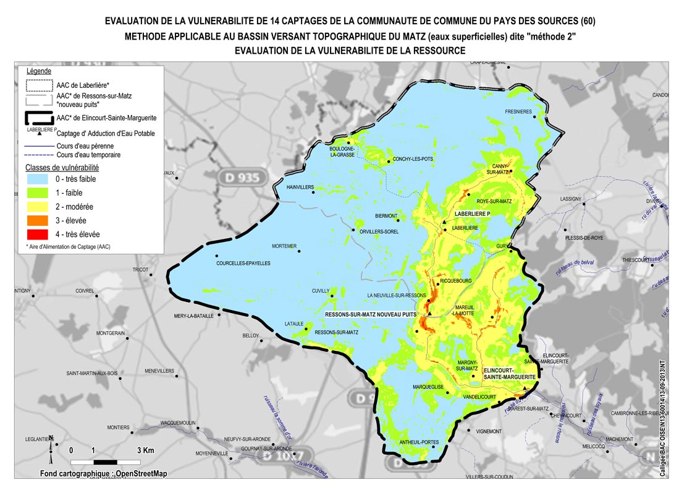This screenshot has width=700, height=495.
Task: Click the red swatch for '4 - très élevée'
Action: (x=37, y=234)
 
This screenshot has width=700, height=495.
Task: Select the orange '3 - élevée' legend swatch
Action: (x=37, y=220)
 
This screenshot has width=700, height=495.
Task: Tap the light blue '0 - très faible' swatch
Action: (x=37, y=179)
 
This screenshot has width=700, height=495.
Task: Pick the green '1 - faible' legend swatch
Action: (x=37, y=193)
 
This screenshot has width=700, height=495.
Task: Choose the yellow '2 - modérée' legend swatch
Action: (x=37, y=207)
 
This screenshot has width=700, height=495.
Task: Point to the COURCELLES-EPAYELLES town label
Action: (x=243, y=263)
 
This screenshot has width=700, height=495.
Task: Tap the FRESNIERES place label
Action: (x=518, y=112)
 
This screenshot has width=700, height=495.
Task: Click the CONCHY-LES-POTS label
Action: (x=413, y=159)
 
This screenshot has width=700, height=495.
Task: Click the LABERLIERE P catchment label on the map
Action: (x=472, y=213)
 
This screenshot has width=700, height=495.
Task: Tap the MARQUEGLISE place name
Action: (x=428, y=387)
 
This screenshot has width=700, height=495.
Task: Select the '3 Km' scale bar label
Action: (x=145, y=450)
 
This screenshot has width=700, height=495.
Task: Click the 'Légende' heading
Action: (x=39, y=71)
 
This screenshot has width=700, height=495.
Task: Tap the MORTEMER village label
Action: (x=284, y=246)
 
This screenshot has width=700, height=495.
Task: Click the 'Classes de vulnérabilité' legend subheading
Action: (x=62, y=167)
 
